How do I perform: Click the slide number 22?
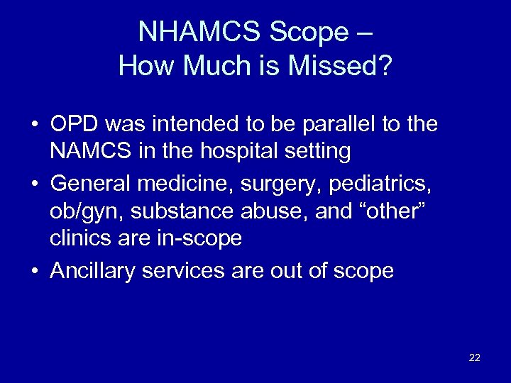click(x=475, y=357)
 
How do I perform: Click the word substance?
click(x=180, y=211)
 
